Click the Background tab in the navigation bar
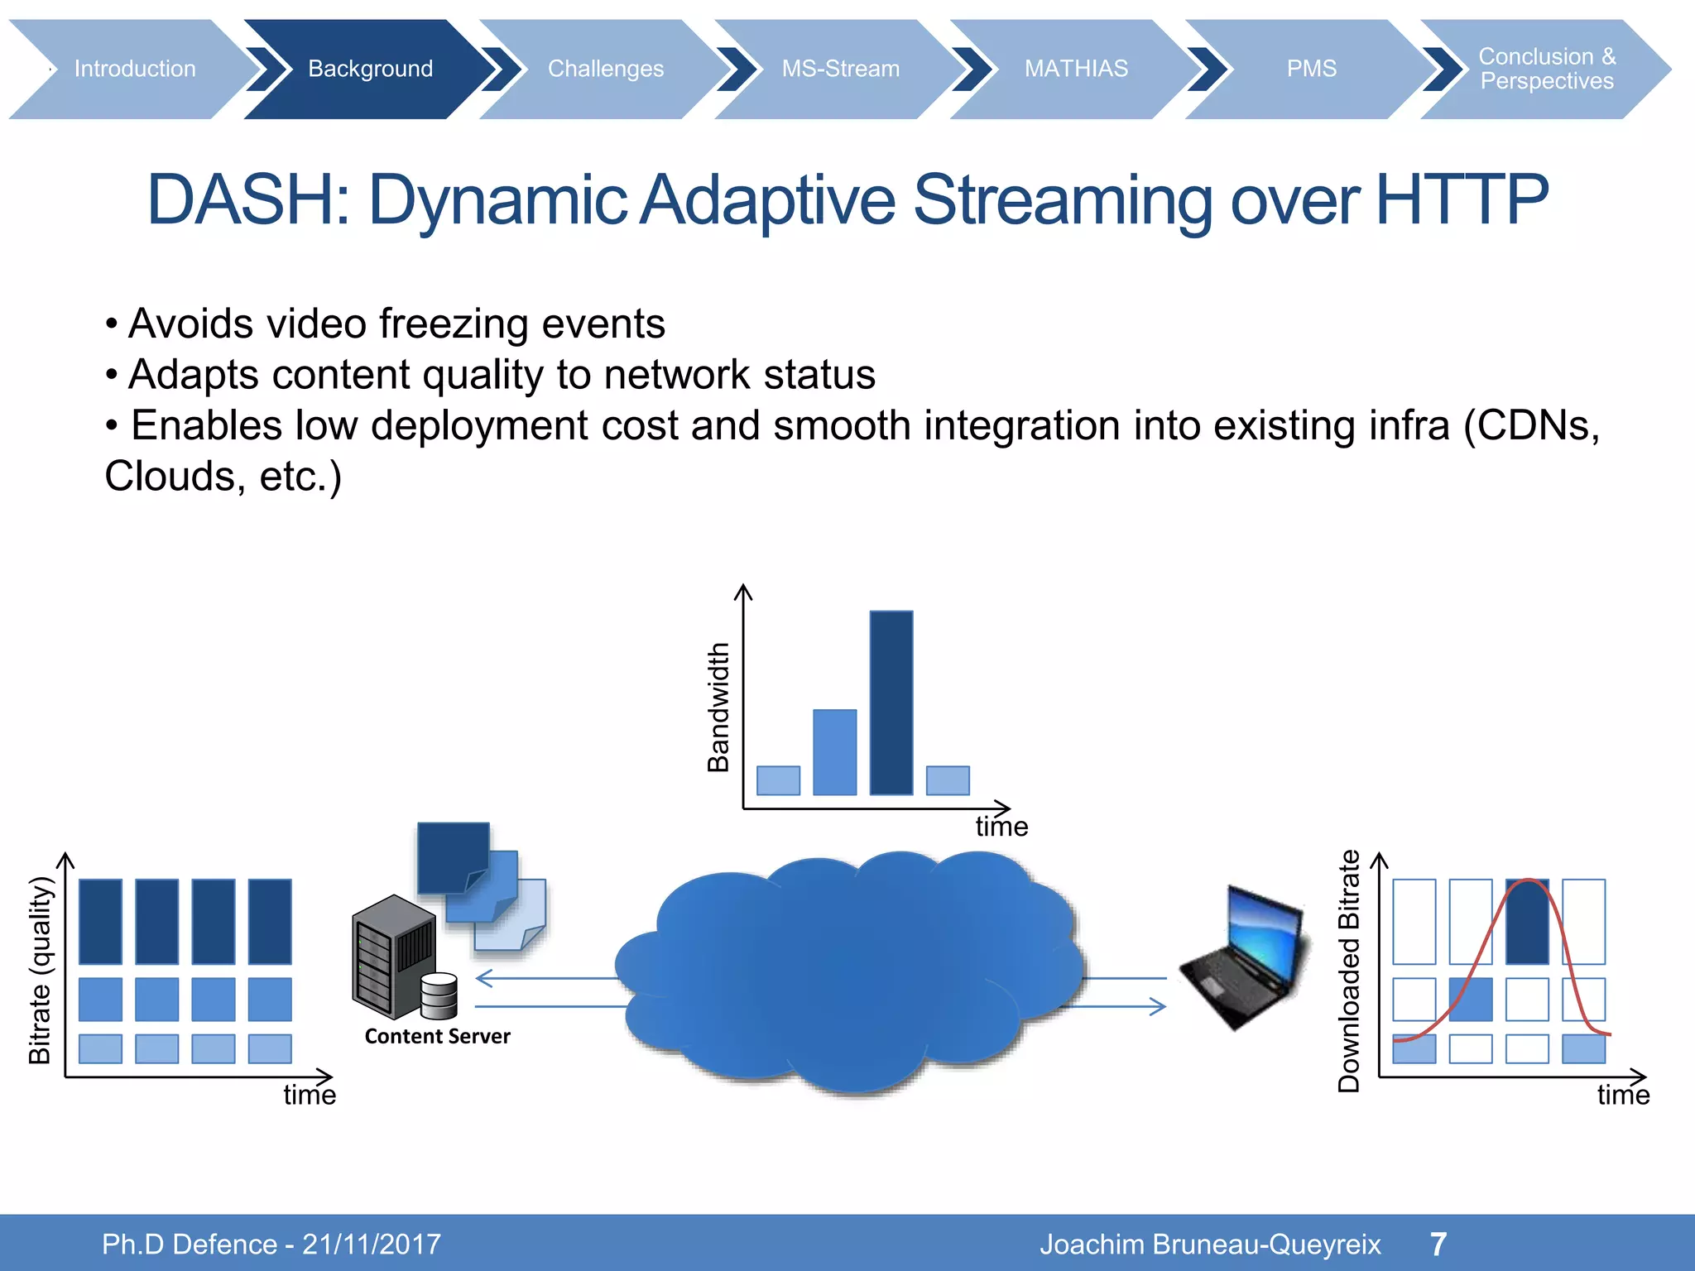click(x=370, y=69)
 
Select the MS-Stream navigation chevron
click(x=840, y=69)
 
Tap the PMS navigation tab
click(x=1311, y=69)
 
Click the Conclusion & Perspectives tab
click(x=1546, y=69)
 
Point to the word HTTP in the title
click(x=1461, y=200)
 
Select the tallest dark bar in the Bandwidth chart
click(x=891, y=703)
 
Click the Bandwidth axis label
click(x=718, y=707)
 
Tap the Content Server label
click(x=437, y=1036)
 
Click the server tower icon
click(x=394, y=956)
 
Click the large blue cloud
click(x=848, y=972)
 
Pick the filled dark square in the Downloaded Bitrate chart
click(x=1527, y=922)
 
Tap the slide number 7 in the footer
click(x=1438, y=1244)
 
